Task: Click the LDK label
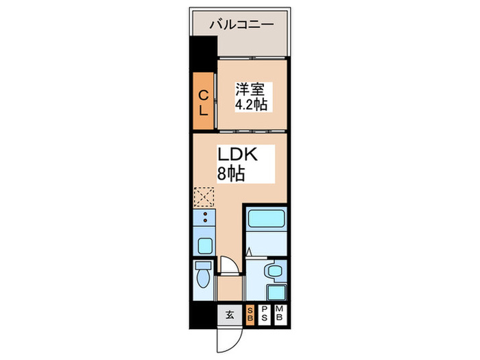(237, 154)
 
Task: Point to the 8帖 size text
(232, 173)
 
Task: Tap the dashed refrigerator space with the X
(204, 198)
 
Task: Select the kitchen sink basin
(204, 245)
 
